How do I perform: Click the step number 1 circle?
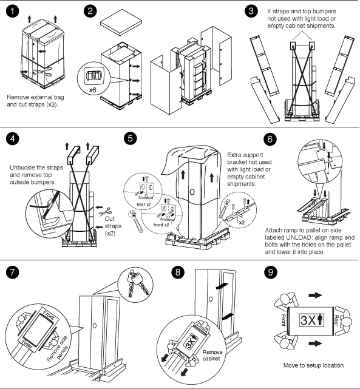12,11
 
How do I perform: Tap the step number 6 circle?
270,139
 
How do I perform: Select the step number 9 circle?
270,272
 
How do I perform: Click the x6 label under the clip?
92,90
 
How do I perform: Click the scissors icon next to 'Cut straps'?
105,212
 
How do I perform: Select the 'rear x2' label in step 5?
144,205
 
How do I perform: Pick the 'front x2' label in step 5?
161,225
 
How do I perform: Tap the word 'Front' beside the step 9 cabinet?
284,320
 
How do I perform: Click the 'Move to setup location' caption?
313,365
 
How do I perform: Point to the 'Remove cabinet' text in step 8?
212,355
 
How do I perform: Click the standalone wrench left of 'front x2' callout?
135,222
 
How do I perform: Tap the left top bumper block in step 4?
73,155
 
